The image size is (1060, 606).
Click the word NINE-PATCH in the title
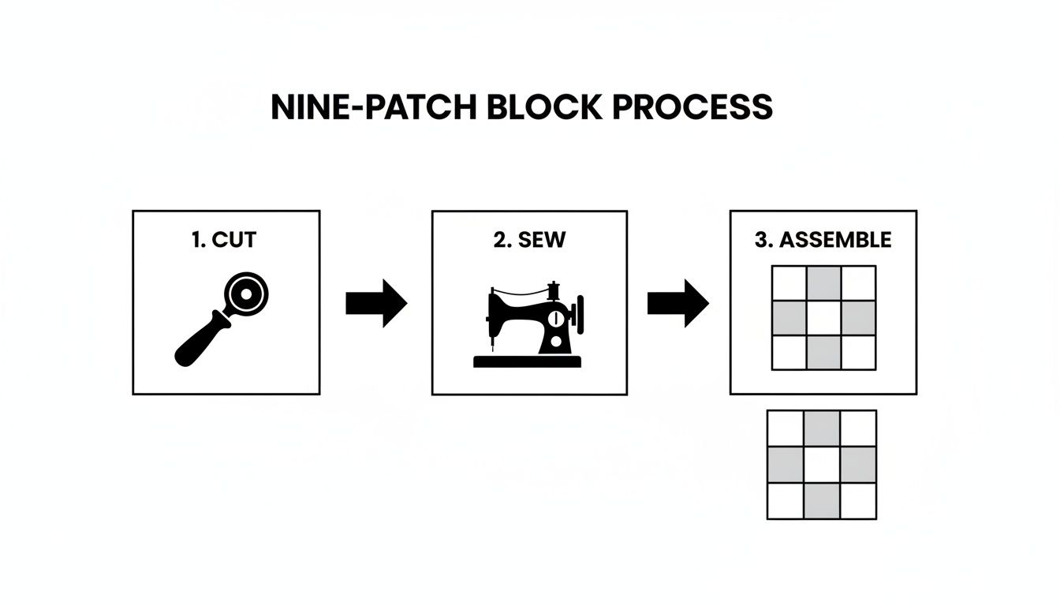click(373, 107)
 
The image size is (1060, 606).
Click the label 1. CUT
click(224, 240)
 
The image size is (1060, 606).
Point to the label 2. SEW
click(529, 240)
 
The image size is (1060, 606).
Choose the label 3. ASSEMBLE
click(823, 240)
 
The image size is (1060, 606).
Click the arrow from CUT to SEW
click(375, 303)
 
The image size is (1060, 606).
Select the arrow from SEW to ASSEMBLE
click(677, 303)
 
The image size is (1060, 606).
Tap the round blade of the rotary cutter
click(246, 295)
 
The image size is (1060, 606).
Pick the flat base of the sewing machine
click(527, 361)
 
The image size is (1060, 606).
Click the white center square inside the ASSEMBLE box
click(823, 318)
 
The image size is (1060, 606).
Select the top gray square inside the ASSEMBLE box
click(823, 283)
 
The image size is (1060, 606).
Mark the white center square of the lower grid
click(822, 465)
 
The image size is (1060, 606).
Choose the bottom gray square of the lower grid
click(822, 501)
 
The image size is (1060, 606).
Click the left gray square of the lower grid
click(786, 465)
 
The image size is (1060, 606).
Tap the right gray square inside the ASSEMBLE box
click(859, 318)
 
